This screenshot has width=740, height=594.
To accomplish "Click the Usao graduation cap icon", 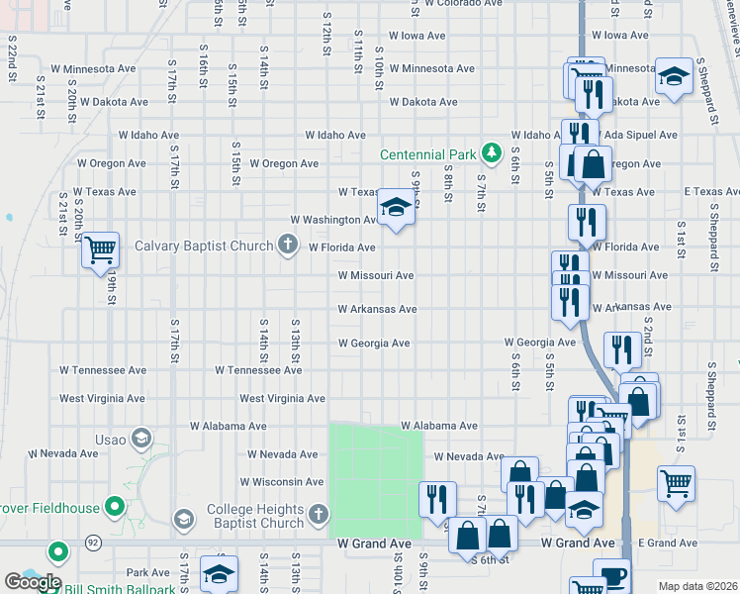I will coord(141,439).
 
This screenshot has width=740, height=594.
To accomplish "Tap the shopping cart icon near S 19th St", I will coord(100,249).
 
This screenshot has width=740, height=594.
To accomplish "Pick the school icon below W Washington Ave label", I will coord(396,208).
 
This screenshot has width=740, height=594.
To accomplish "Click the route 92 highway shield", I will coord(92,543).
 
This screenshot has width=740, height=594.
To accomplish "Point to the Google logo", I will coord(33,583).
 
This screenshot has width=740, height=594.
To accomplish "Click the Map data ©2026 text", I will coord(697,586).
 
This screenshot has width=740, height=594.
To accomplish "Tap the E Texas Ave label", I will coord(684,192).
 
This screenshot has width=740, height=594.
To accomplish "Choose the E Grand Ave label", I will coord(668,544).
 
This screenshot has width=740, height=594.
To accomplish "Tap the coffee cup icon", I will coord(611,574).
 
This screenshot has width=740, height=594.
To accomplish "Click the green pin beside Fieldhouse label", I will coord(115,509).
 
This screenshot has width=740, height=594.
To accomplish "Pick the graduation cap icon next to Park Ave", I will coord(219,573).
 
